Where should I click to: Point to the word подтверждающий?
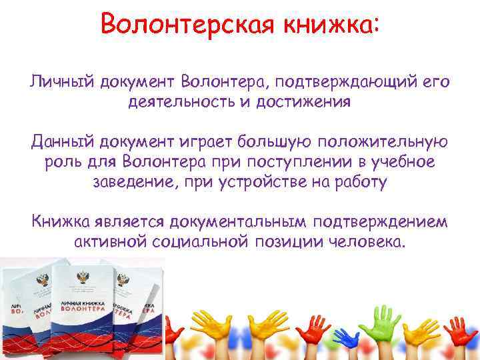click(x=341, y=82)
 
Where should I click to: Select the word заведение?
click(x=133, y=182)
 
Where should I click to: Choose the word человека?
click(x=367, y=241)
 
